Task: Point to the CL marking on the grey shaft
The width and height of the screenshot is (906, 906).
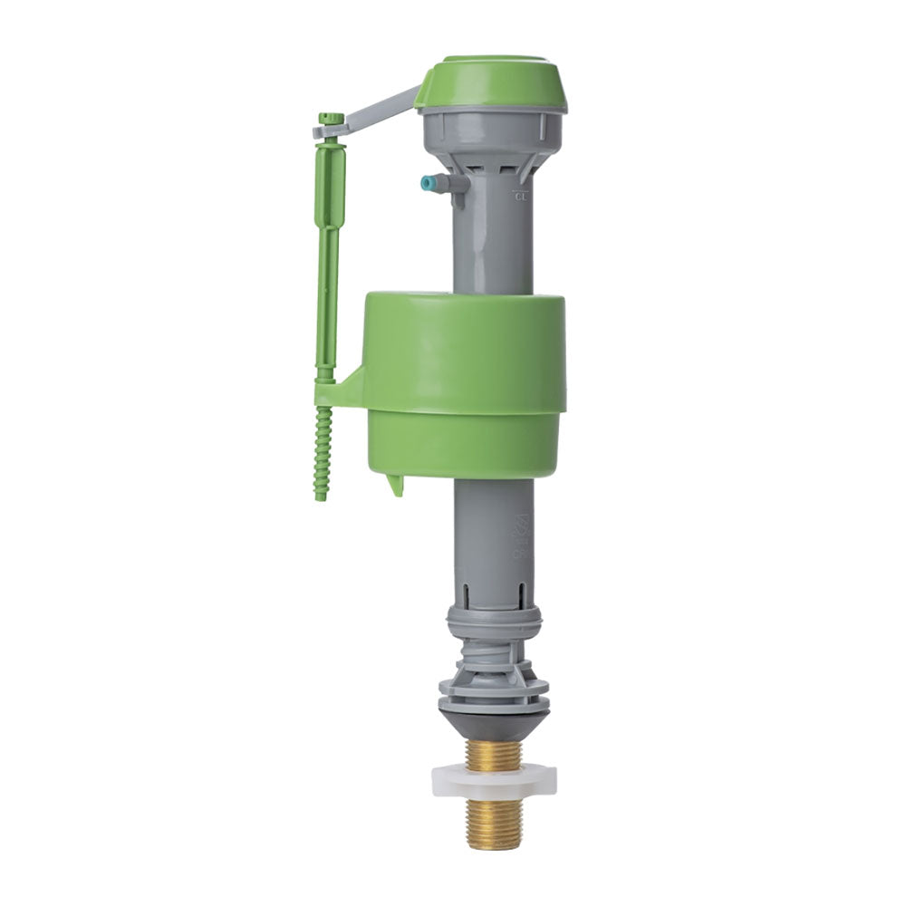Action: (520, 194)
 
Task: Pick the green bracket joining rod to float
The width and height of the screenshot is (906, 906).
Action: (340, 391)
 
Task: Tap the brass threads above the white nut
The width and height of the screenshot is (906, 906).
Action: (493, 749)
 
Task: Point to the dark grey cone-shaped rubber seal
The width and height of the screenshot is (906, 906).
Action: (493, 723)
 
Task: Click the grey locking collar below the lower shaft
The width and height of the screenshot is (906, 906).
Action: (493, 623)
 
